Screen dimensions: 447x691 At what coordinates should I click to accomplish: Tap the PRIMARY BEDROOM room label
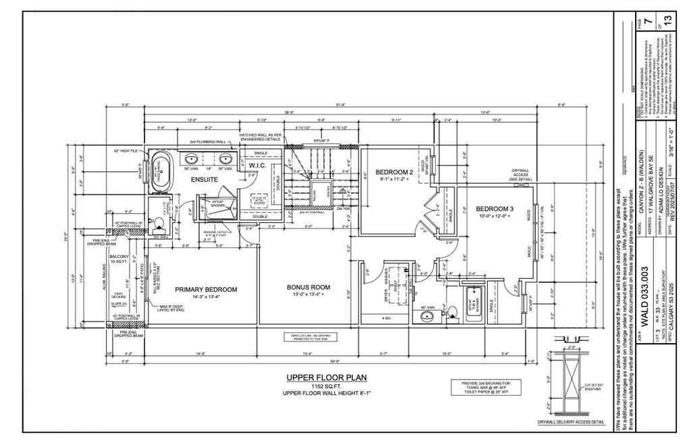coord(206,289)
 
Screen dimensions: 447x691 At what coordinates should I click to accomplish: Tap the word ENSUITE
coord(204,180)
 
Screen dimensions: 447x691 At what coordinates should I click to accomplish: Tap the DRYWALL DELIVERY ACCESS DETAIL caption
coord(571,421)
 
